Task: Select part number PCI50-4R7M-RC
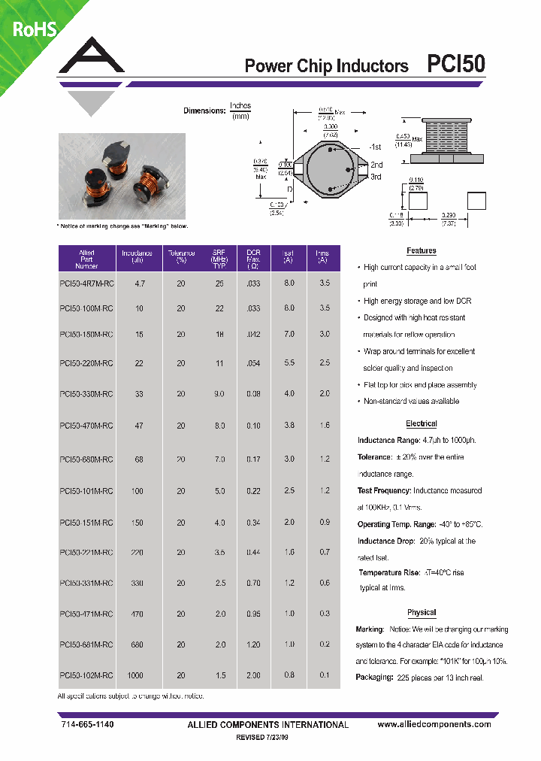86,284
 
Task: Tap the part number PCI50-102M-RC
86,675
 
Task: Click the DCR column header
253,259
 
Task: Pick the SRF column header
219,259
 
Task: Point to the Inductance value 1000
136,675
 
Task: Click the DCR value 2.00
253,675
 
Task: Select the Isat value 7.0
289,333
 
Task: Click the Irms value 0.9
324,522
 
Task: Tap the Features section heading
421,251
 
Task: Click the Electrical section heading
421,424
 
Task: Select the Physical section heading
421,613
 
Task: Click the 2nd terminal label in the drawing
376,165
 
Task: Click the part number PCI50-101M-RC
86,490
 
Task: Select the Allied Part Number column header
86,259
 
